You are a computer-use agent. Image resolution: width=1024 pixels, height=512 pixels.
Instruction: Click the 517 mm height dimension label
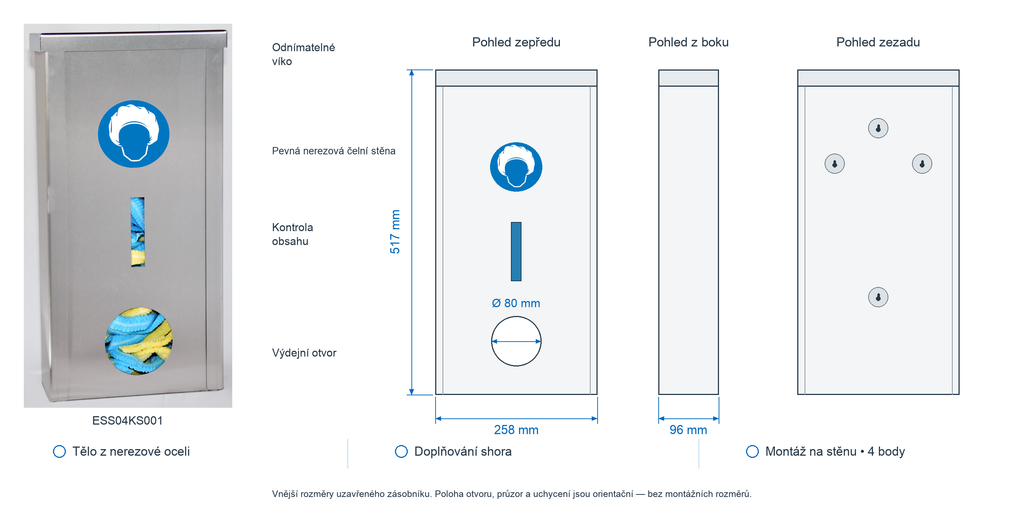(395, 232)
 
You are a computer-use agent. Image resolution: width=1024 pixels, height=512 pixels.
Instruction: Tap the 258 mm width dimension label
(516, 430)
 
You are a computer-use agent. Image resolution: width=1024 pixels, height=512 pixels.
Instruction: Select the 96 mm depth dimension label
(688, 430)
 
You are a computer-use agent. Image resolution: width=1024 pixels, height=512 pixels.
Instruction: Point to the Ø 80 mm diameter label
(516, 303)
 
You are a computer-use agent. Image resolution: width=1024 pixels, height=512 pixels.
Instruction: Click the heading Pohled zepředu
(516, 42)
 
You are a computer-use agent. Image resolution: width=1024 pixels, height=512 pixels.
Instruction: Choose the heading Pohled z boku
(688, 42)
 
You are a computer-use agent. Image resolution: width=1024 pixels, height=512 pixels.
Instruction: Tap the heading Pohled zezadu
(878, 42)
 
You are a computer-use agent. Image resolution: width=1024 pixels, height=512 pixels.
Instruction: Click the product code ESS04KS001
(127, 421)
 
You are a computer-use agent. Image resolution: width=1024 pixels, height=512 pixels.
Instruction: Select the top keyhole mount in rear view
(878, 128)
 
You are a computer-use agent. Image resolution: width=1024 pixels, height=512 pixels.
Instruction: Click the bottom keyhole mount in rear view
(878, 297)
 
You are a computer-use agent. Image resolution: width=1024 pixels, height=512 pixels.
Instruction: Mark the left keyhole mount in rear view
(835, 164)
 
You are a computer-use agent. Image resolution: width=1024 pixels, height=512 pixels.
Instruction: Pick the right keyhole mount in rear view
(922, 164)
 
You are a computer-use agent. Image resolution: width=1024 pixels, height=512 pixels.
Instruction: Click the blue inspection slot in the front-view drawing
(516, 252)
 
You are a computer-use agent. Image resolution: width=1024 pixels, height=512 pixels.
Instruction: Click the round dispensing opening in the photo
(138, 341)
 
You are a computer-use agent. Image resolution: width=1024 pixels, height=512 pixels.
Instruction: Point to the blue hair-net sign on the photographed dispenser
(133, 134)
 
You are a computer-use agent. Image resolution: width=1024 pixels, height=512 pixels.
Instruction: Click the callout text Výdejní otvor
(304, 353)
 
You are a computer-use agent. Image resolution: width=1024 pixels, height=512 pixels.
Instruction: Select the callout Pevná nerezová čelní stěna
(334, 151)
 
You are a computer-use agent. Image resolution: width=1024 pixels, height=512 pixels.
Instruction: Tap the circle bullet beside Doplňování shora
(401, 452)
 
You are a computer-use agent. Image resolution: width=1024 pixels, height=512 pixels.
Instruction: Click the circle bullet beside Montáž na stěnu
(752, 452)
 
